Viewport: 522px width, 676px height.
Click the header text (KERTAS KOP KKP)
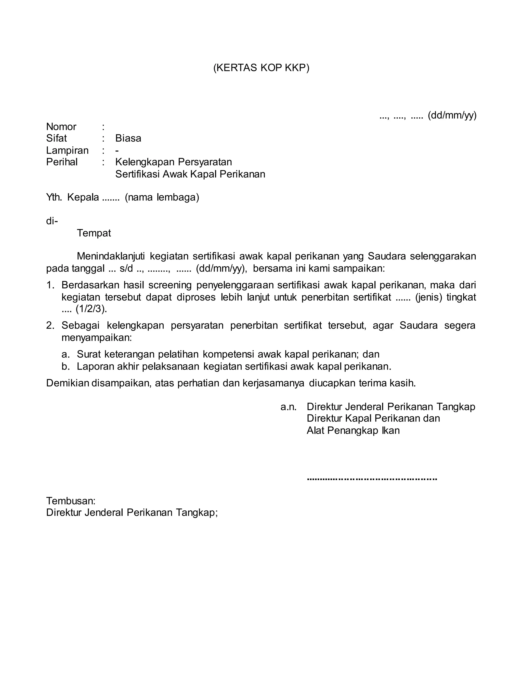coord(261,68)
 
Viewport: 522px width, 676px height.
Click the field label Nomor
coord(61,127)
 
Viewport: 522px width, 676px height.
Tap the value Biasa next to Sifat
coord(128,138)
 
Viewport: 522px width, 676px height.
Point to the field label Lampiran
coord(67,151)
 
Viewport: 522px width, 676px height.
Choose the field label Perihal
coord(62,162)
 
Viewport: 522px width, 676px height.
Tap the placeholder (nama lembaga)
coord(162,197)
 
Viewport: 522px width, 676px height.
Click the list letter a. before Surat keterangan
coord(65,354)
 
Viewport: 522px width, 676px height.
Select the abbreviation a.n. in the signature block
coord(288,407)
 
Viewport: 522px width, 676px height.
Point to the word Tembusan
coord(71,501)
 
